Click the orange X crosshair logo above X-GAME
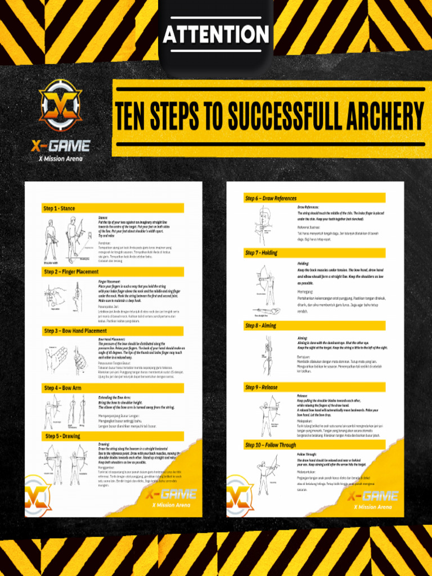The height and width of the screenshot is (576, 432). coord(60,106)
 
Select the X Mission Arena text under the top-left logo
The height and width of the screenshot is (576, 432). coord(60,159)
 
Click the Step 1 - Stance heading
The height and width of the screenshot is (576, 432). coord(60,209)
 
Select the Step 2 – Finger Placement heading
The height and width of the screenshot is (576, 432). coord(71,272)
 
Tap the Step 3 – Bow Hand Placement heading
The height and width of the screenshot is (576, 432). coord(75,331)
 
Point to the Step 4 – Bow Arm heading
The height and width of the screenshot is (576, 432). coord(64,388)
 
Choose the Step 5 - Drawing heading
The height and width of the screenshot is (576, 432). coord(63,436)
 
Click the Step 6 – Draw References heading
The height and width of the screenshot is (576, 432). coord(271,198)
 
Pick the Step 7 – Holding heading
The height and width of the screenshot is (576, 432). coord(261,253)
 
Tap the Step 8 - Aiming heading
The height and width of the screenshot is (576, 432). coord(260,326)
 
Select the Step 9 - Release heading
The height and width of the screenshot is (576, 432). coord(261,387)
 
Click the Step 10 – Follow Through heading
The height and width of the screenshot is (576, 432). coord(271,445)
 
